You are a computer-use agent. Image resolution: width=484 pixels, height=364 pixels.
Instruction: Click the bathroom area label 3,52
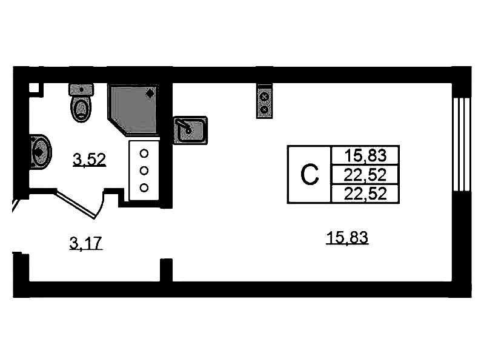pyautogui.click(x=89, y=160)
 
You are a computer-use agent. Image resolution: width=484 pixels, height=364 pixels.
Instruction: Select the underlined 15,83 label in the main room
pyautogui.click(x=347, y=238)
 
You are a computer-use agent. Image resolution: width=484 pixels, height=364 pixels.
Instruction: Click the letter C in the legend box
pyautogui.click(x=310, y=175)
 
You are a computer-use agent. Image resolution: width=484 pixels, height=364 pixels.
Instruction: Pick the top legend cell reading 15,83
pyautogui.click(x=365, y=155)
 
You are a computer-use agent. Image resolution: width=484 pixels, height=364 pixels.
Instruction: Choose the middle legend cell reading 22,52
pyautogui.click(x=365, y=175)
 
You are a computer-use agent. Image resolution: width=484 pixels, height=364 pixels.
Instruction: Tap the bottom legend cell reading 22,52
pyautogui.click(x=365, y=194)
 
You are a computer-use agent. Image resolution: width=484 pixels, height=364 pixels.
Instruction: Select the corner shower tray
pyautogui.click(x=131, y=109)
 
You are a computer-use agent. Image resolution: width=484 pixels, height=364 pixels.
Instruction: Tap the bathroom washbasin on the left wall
pyautogui.click(x=40, y=150)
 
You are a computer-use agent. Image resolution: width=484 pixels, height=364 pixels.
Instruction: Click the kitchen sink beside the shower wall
pyautogui.click(x=190, y=129)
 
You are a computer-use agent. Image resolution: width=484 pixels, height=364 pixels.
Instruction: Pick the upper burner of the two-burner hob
pyautogui.click(x=264, y=95)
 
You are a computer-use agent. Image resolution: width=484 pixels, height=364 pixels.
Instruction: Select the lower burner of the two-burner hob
pyautogui.click(x=264, y=109)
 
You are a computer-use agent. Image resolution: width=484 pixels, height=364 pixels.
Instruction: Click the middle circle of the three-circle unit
pyautogui.click(x=144, y=170)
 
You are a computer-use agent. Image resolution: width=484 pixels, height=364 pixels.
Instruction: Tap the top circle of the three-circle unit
pyautogui.click(x=144, y=153)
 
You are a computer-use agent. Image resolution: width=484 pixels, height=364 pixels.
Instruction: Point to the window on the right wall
pyautogui.click(x=462, y=146)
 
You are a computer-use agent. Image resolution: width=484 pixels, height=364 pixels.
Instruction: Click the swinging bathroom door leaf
pyautogui.click(x=77, y=204)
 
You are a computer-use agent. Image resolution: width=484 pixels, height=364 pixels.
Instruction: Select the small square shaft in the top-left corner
pyautogui.click(x=35, y=88)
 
